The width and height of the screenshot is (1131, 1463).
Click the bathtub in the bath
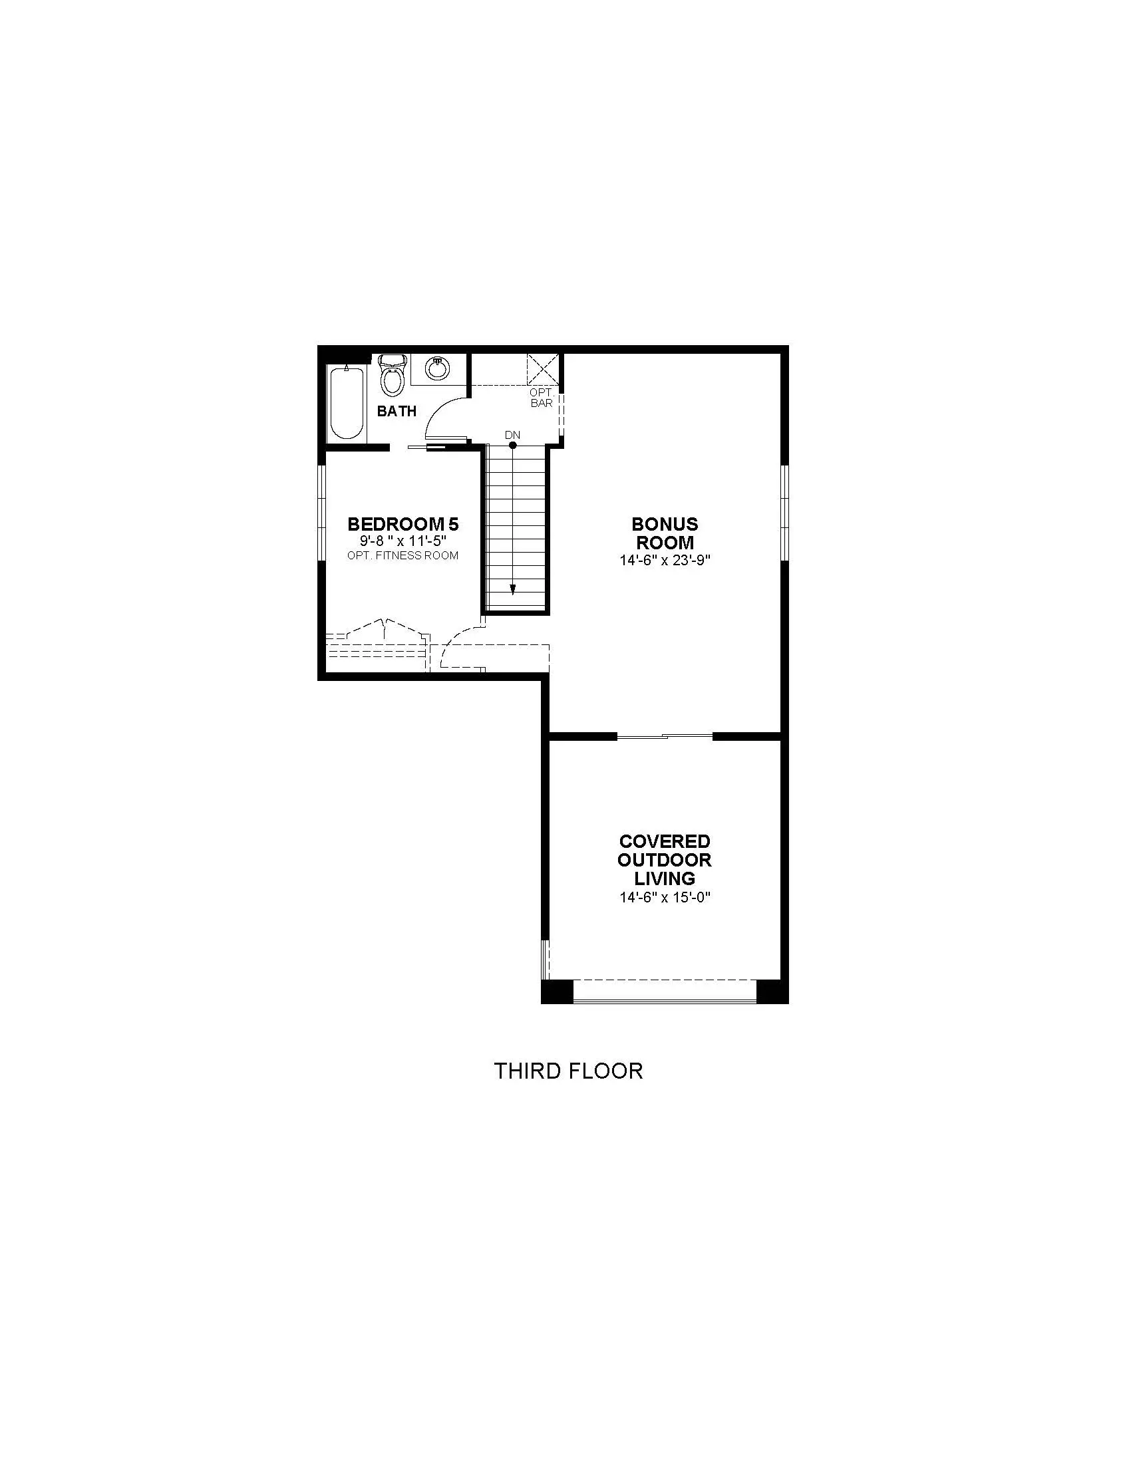(x=347, y=402)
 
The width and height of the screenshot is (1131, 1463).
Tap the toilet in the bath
(x=393, y=375)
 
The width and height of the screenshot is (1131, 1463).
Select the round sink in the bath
(x=438, y=368)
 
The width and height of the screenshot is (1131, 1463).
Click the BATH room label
(x=397, y=411)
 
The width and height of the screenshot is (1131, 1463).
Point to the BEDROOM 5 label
(x=403, y=524)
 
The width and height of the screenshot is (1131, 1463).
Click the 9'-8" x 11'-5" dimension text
(x=403, y=541)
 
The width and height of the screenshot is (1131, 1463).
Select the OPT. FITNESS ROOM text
(x=403, y=555)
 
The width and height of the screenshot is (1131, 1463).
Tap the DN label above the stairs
(x=512, y=435)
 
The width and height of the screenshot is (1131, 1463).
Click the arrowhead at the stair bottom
(x=512, y=589)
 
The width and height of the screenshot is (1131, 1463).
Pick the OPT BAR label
(x=542, y=398)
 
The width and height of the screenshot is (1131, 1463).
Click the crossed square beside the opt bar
(x=543, y=369)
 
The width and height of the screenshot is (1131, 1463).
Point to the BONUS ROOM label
(x=665, y=533)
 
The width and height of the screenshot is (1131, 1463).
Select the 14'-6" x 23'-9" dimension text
(x=665, y=561)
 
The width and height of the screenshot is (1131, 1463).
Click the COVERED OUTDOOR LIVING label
(x=665, y=859)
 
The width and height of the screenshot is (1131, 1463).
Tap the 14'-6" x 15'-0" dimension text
(x=665, y=898)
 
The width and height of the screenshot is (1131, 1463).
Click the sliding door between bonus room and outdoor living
(x=665, y=737)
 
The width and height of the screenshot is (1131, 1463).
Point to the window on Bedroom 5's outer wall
(x=321, y=513)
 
